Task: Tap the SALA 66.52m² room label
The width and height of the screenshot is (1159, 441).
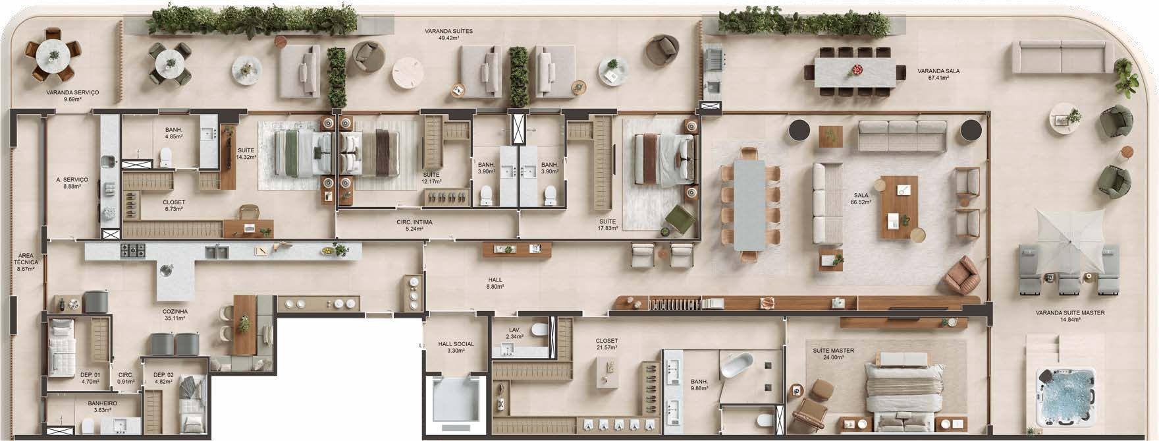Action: [x=861, y=198]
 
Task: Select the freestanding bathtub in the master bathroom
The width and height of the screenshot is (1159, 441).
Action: [x=736, y=365]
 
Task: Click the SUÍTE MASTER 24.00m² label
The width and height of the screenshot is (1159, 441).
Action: [x=834, y=354]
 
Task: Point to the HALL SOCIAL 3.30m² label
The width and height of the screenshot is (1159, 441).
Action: [x=456, y=347]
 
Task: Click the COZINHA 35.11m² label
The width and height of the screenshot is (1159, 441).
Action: [x=175, y=314]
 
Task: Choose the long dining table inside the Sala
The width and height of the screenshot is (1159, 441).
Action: [x=749, y=205]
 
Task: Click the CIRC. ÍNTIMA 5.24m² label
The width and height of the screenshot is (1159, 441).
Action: [x=414, y=225]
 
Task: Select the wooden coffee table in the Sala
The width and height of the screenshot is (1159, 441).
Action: [x=900, y=206]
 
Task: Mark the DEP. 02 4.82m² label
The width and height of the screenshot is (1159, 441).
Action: [x=162, y=378]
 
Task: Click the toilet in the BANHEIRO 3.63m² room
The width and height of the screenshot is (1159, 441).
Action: [x=88, y=423]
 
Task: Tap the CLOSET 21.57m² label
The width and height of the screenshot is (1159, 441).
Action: [x=606, y=344]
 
